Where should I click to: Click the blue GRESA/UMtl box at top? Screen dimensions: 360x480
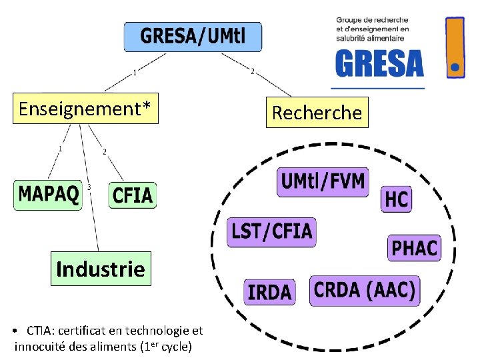(x=193, y=37)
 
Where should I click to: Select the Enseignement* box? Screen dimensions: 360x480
(x=85, y=109)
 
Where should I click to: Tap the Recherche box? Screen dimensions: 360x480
(x=317, y=113)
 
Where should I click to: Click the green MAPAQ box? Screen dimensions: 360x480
(x=48, y=195)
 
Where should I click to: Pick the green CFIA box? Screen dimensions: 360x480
(x=133, y=195)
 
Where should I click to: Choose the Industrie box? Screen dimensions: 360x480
(x=101, y=269)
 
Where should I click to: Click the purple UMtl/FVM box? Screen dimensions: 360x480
(x=323, y=181)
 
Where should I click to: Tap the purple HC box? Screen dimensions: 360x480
(x=396, y=199)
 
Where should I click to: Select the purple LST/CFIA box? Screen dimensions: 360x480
(x=271, y=232)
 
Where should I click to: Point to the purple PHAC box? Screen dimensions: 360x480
(x=414, y=248)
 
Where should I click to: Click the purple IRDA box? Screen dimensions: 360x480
(x=269, y=292)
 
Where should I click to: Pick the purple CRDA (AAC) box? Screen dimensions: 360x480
(x=365, y=291)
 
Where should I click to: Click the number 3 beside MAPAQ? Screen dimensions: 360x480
(x=89, y=187)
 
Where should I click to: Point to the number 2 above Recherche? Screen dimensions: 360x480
(x=252, y=71)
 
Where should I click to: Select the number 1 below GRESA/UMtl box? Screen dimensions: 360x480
(x=135, y=72)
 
